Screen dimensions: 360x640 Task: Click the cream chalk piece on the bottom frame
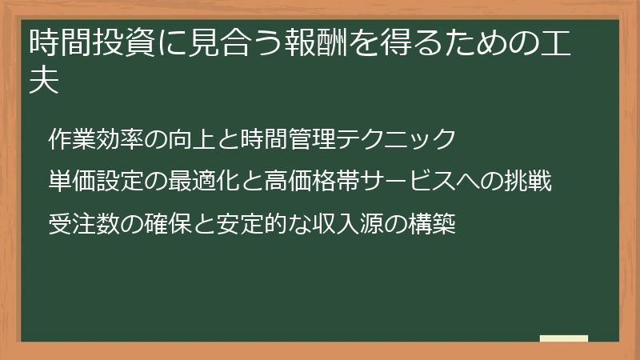tap(564, 339)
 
